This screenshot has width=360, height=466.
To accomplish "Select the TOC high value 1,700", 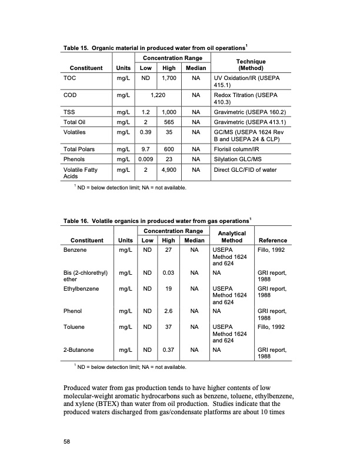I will pyautogui.click(x=170, y=77).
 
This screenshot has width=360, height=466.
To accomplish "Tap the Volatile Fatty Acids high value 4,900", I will pyautogui.click(x=170, y=171).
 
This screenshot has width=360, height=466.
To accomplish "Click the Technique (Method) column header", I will pyautogui.click(x=250, y=64).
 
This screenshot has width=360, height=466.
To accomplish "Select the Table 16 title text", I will pyautogui.click(x=157, y=221).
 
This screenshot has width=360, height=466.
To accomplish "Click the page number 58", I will pyautogui.click(x=67, y=444).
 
